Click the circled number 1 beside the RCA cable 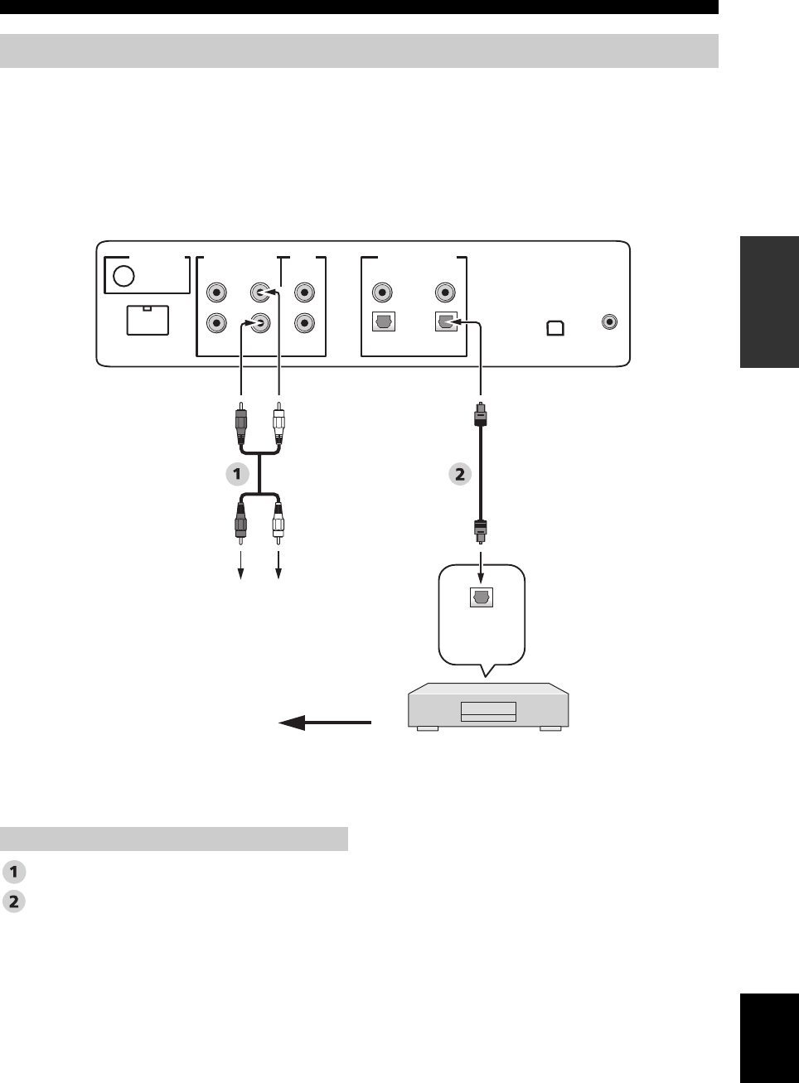point(237,474)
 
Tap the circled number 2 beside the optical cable point(460,474)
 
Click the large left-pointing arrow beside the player point(324,723)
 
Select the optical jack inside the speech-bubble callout point(482,597)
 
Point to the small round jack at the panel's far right point(610,322)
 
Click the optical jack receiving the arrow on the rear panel point(446,323)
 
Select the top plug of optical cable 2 point(481,414)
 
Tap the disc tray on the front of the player point(488,711)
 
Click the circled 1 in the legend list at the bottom point(14,872)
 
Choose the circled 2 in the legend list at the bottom point(14,902)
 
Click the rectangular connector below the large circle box point(148,320)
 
